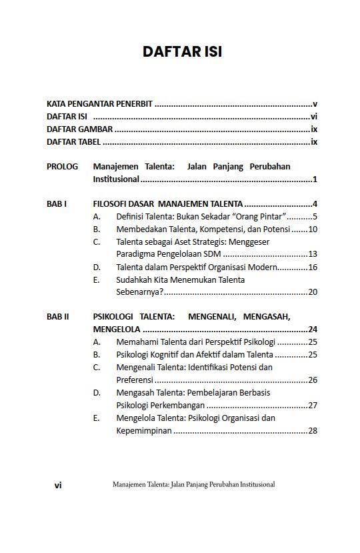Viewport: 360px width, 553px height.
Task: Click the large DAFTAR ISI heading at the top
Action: click(x=182, y=51)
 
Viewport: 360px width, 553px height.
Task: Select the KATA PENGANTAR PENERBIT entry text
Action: click(x=99, y=104)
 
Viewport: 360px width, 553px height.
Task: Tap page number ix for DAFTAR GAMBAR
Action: click(x=313, y=129)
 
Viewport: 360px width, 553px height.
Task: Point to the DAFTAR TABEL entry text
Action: click(x=73, y=142)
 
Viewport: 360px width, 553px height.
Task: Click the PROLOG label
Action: click(x=62, y=167)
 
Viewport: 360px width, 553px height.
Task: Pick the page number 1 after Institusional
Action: click(x=314, y=179)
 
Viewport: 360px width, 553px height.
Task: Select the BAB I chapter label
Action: click(x=57, y=204)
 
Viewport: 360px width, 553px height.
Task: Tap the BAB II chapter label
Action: click(x=58, y=318)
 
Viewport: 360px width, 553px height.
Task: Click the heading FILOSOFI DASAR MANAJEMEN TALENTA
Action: click(x=168, y=204)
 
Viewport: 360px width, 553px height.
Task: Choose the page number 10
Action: click(x=312, y=229)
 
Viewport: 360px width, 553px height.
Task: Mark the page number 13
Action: click(x=312, y=255)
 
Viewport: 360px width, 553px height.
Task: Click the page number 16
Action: click(x=312, y=267)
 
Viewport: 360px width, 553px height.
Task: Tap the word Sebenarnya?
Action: click(x=139, y=292)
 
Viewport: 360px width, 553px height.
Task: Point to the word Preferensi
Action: click(x=135, y=380)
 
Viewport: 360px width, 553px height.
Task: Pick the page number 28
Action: click(x=312, y=431)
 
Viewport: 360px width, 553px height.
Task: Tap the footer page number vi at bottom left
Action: click(x=58, y=486)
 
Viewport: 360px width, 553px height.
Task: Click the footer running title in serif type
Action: click(x=194, y=485)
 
